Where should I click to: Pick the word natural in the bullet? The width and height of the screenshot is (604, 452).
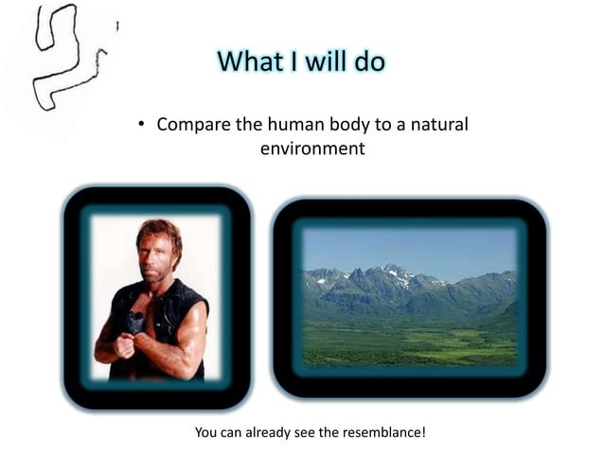click(438, 126)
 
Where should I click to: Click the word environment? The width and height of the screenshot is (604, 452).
click(312, 148)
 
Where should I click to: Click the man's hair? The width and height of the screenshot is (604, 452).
click(157, 232)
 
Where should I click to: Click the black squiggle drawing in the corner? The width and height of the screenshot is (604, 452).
click(62, 57)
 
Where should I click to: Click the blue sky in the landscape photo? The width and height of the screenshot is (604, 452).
click(407, 244)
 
